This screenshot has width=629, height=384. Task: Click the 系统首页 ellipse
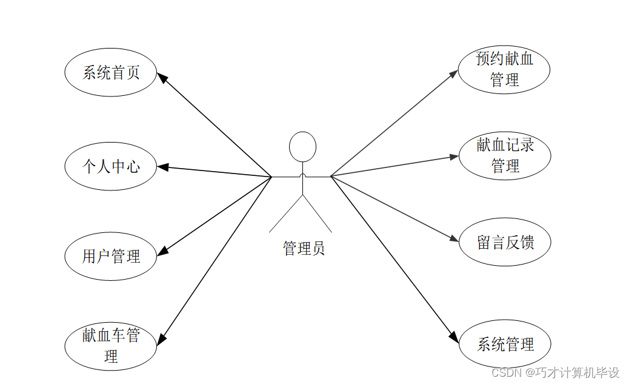111,72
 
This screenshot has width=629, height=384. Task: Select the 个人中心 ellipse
111,166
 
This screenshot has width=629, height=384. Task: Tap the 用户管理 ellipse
111,256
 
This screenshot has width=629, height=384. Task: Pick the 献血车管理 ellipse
111,345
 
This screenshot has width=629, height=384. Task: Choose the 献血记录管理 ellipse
505,155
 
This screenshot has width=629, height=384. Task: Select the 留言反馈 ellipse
505,243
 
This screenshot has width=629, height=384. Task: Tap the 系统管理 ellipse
505,345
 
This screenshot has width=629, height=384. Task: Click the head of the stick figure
302,147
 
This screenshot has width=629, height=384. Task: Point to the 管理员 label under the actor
304,248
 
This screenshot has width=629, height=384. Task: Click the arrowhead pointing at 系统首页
162,77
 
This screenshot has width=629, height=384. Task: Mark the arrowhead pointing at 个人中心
162,167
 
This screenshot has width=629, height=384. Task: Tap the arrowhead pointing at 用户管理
162,251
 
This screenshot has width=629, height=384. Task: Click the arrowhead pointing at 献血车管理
162,339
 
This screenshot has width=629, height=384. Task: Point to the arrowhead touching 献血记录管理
454,157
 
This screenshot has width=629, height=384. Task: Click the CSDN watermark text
555,372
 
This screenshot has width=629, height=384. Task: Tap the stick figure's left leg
286,214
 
